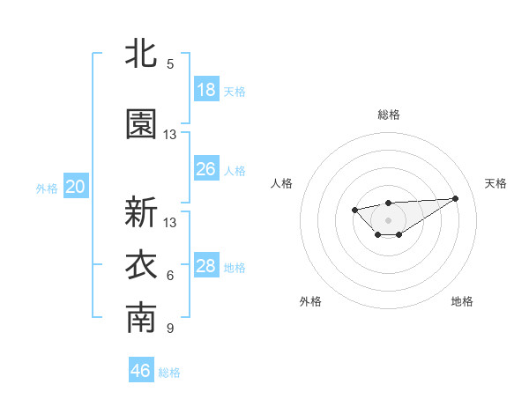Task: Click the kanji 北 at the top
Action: tap(141, 53)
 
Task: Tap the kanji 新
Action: tap(141, 212)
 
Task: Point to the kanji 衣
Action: tap(141, 266)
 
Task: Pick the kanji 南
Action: tap(141, 319)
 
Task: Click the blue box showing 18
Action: tap(206, 90)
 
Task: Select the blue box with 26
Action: tap(206, 169)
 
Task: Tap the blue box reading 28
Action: tap(206, 266)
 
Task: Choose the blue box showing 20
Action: tap(76, 187)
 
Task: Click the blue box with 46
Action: tap(141, 371)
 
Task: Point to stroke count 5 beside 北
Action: tap(170, 64)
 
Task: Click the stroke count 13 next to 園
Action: tap(170, 135)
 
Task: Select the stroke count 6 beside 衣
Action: tap(170, 276)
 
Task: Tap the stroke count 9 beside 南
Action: tap(170, 329)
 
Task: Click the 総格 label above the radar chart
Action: tap(389, 115)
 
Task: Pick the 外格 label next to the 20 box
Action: tap(46, 188)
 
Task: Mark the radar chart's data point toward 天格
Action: tap(455, 197)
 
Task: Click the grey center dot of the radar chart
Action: tap(388, 219)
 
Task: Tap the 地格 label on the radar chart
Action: tap(462, 301)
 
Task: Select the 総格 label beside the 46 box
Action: tap(169, 373)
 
